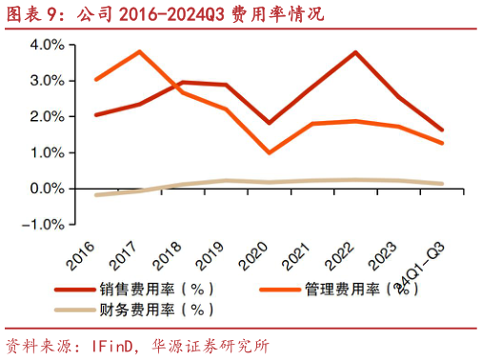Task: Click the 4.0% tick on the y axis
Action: click(48, 45)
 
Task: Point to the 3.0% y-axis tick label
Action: click(48, 81)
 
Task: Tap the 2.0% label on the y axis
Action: click(48, 116)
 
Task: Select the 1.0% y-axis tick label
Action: click(48, 152)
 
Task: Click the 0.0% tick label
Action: click(48, 189)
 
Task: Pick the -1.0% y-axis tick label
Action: click(45, 225)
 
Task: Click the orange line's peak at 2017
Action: click(140, 51)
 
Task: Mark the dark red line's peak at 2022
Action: click(355, 52)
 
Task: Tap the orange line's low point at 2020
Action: click(270, 152)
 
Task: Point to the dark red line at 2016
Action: click(96, 114)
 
